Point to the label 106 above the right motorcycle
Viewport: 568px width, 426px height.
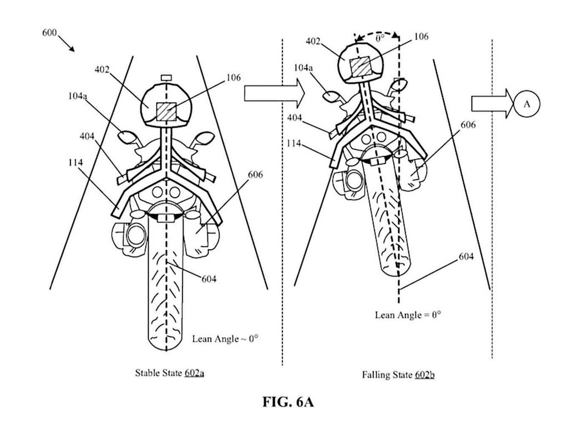pyautogui.click(x=420, y=36)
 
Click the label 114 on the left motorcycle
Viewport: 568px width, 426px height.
pyautogui.click(x=73, y=163)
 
